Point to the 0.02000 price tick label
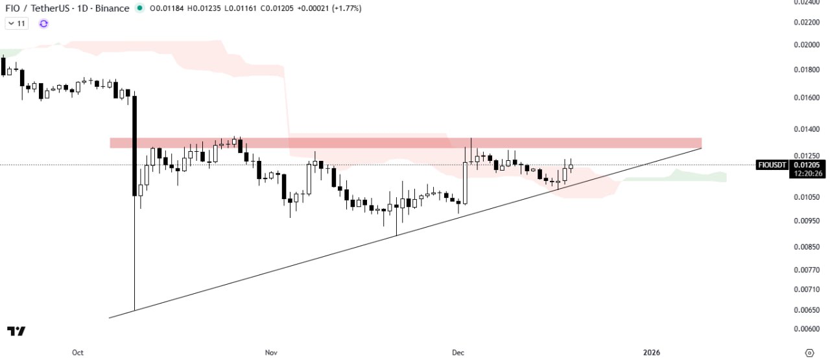[807, 45]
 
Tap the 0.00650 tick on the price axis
[807, 310]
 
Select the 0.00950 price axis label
[807, 221]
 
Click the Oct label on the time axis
[78, 353]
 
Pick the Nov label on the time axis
[271, 353]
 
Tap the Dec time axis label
[458, 353]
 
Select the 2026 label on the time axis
[651, 353]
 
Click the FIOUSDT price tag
[772, 165]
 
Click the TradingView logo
[16, 331]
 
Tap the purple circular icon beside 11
[43, 23]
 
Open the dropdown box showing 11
[16, 23]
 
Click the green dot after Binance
[139, 8]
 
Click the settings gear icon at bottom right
[809, 353]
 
